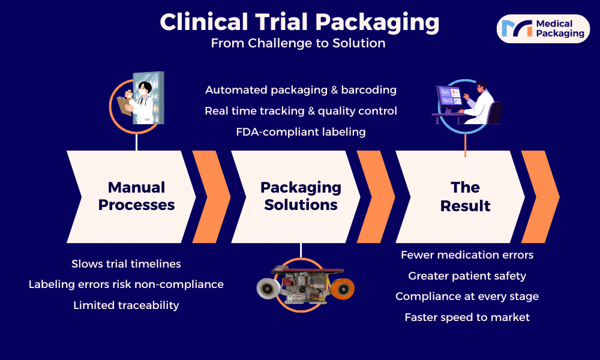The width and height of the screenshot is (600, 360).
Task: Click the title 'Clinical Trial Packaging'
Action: [x=299, y=22]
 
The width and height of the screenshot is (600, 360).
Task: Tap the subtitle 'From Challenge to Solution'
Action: [x=298, y=43]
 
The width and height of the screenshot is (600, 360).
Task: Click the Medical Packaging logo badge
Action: [x=543, y=29]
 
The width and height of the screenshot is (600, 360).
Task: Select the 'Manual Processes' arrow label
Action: [x=136, y=196]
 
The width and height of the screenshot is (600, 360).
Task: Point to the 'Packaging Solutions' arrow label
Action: [x=301, y=196]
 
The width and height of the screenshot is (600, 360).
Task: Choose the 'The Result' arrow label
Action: [x=465, y=196]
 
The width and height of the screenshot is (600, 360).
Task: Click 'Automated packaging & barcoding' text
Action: [x=301, y=90]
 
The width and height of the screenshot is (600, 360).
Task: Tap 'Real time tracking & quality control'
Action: [x=301, y=111]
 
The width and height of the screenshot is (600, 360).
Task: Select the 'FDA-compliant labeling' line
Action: [x=301, y=132]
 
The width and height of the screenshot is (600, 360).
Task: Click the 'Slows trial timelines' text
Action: [x=126, y=263]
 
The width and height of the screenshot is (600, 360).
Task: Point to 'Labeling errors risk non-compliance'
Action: [x=126, y=284]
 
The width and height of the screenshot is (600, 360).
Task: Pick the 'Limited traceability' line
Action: [x=126, y=305]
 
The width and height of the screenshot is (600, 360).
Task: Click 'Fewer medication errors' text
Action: [x=467, y=255]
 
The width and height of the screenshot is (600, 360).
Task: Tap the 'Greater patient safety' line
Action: [x=467, y=276]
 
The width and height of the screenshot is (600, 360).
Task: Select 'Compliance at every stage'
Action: [x=467, y=296]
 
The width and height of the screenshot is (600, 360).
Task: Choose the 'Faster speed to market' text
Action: [x=467, y=317]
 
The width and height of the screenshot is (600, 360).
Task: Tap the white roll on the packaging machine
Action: [x=269, y=288]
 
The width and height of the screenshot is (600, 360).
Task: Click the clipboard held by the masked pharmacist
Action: [x=124, y=106]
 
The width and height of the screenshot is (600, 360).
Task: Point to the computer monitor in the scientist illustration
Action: [x=448, y=96]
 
